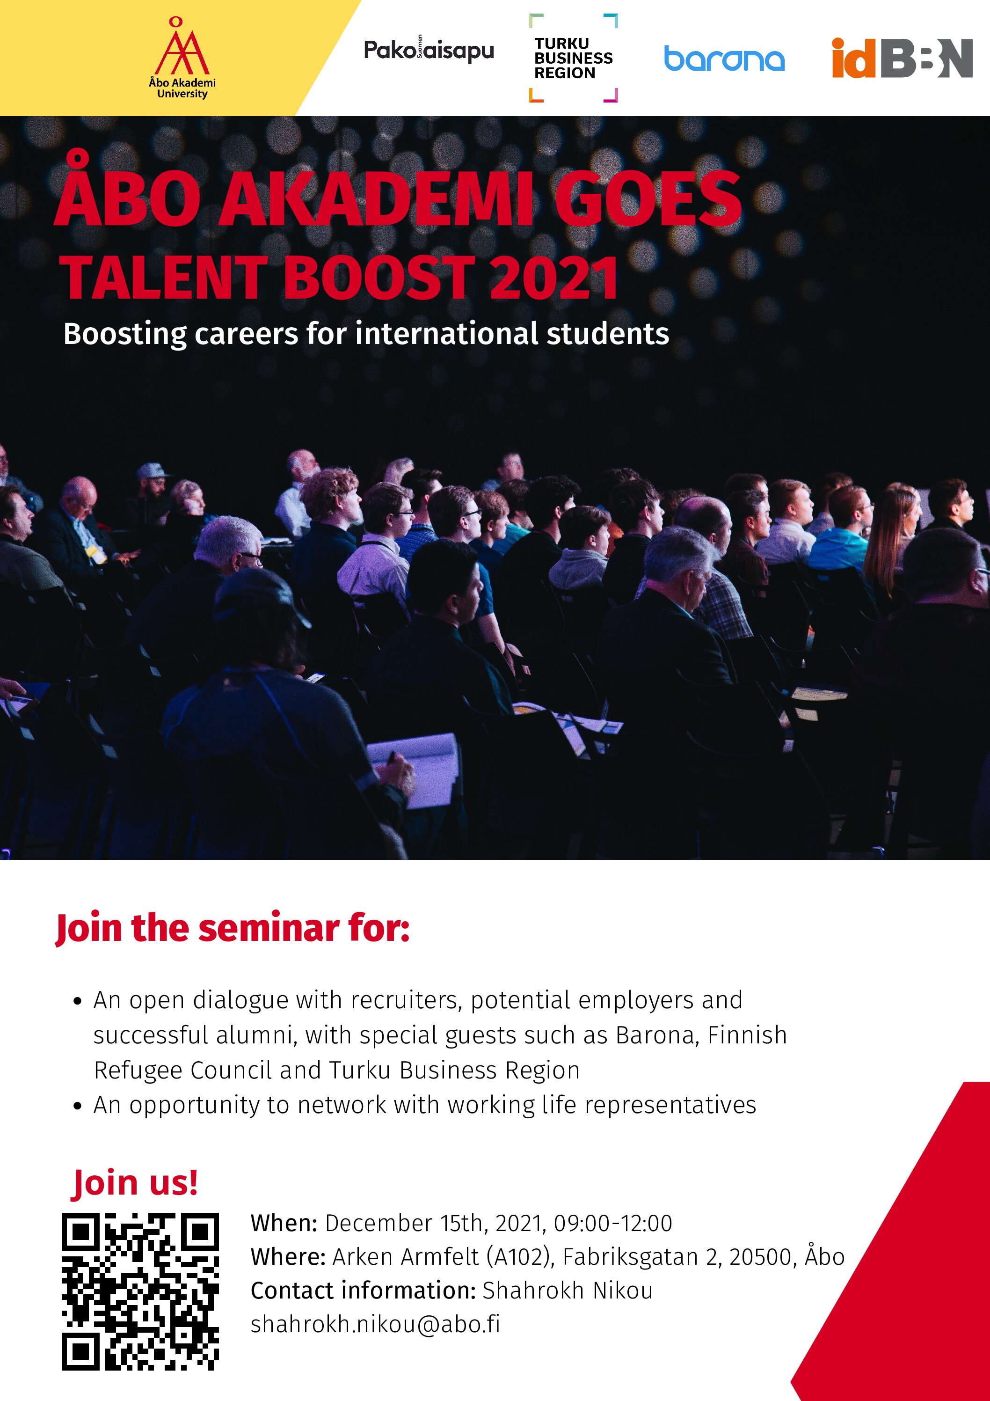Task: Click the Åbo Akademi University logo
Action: pyautogui.click(x=182, y=58)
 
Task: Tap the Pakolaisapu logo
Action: pyautogui.click(x=429, y=51)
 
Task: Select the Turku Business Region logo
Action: pyautogui.click(x=574, y=58)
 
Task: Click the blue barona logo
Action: pyautogui.click(x=724, y=59)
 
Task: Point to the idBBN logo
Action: pyautogui.click(x=902, y=58)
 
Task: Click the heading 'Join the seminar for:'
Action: pyautogui.click(x=233, y=929)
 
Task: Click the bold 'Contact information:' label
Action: pyautogui.click(x=363, y=1290)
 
